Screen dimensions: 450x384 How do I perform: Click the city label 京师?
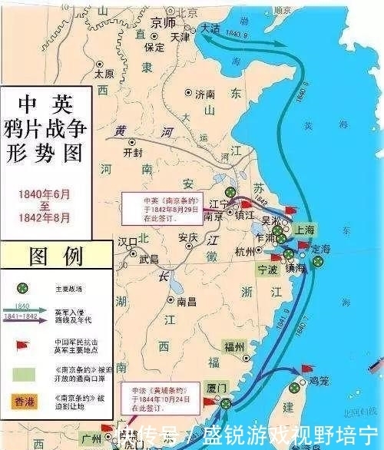[x=164, y=22]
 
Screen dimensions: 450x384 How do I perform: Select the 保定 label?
[x=154, y=46]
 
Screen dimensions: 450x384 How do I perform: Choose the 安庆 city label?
[x=188, y=237]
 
